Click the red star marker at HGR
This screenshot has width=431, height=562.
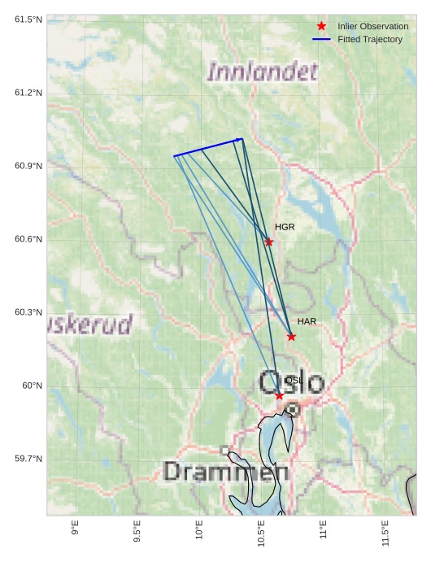coord(269,242)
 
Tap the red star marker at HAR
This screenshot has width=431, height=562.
coord(291,336)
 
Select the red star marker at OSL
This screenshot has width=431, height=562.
coord(279,395)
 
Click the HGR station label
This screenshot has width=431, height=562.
coord(285,227)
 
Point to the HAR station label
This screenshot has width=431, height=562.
coord(307,322)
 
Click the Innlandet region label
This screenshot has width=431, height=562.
coord(262,72)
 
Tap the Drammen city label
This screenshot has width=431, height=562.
coord(225,471)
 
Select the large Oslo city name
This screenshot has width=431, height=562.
coord(291,382)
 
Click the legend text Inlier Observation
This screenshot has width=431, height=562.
coord(372,27)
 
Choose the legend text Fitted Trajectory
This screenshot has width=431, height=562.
coord(370,39)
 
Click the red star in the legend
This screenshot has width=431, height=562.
coord(321,27)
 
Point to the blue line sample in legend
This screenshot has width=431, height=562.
coord(321,39)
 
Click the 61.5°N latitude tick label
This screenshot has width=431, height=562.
coord(28,19)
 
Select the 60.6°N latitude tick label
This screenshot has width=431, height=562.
coord(28,239)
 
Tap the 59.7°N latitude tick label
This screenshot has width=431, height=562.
coord(28,459)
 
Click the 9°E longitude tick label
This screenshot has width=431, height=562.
coord(76,529)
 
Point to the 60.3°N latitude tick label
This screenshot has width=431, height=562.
coord(28,312)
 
